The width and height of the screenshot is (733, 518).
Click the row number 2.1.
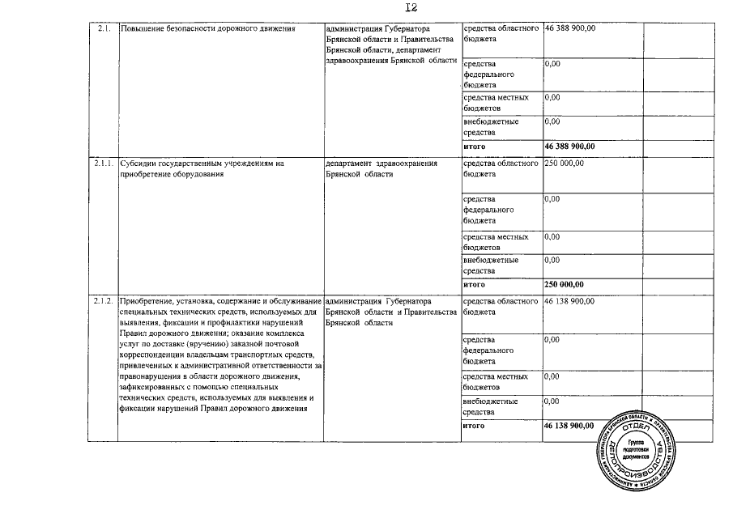click(102, 28)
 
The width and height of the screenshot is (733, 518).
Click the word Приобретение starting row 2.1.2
click(145, 301)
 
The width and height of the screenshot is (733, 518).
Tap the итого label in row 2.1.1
click(474, 284)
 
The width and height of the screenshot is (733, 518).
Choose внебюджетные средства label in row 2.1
click(491, 127)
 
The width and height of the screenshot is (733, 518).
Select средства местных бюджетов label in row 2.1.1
click(495, 242)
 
